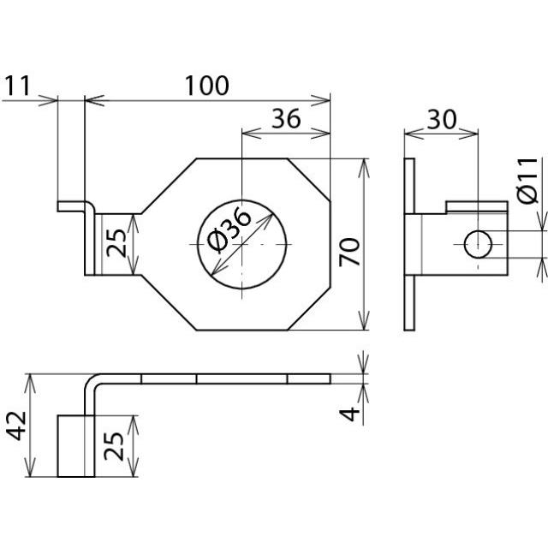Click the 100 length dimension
(x=206, y=86)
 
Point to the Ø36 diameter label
(x=229, y=229)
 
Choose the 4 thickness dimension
(x=348, y=414)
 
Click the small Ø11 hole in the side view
(x=479, y=245)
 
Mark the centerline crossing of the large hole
(x=242, y=245)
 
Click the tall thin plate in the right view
(x=410, y=245)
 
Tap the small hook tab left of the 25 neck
(x=70, y=206)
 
